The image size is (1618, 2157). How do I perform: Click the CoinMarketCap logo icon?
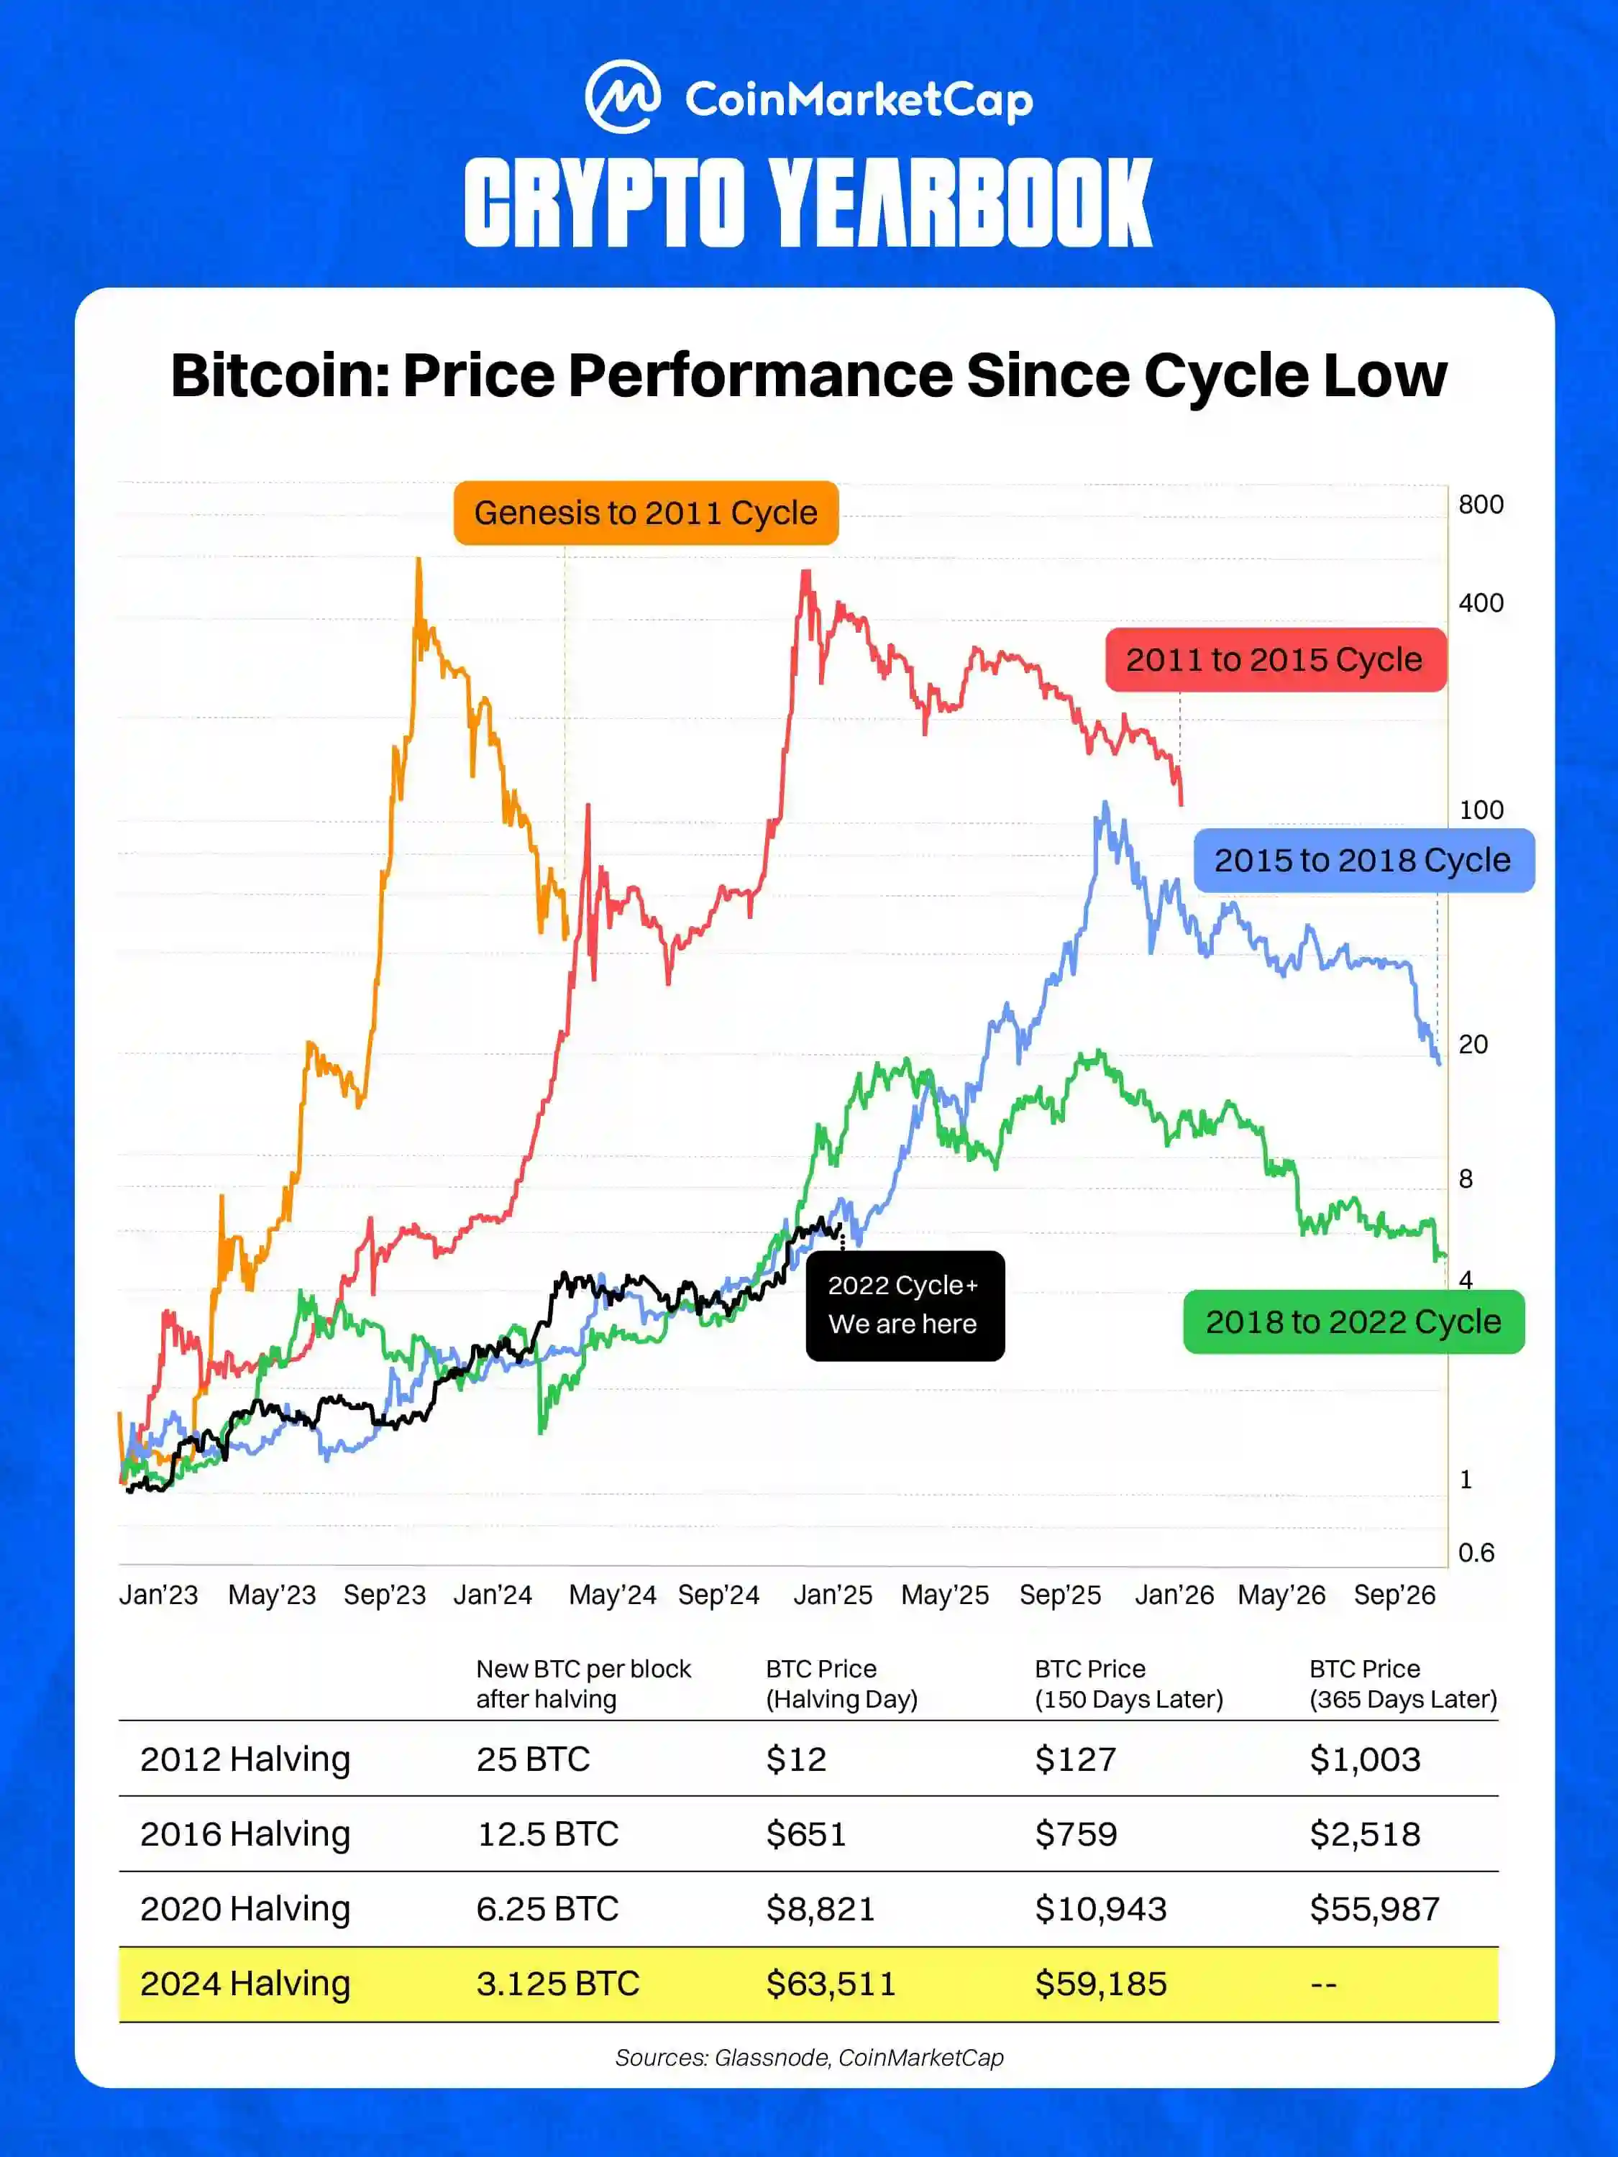[622, 96]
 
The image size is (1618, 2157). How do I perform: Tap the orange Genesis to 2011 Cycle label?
[646, 513]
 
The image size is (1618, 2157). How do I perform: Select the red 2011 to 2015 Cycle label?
[1275, 660]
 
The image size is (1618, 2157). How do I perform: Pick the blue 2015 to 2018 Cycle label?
[1363, 860]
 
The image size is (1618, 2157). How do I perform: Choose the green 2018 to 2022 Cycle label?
[1353, 1322]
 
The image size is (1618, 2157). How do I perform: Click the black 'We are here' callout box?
[904, 1305]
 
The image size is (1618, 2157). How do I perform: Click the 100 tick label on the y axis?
[1481, 810]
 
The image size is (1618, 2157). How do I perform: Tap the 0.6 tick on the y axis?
[1476, 1552]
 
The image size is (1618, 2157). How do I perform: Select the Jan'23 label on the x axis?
[158, 1595]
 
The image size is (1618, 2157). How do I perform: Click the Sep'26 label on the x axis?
[1394, 1595]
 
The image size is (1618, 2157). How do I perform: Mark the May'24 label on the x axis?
[613, 1595]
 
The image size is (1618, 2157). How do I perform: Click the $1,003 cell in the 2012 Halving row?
[1364, 1759]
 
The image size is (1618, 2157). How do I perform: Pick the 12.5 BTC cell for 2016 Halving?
[547, 1834]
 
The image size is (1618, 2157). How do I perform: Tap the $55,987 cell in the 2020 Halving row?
[1374, 1910]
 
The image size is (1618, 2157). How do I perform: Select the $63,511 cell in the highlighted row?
[830, 1984]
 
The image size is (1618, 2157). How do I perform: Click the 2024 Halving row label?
[244, 1984]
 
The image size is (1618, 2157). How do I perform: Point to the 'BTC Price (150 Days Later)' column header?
[1128, 1684]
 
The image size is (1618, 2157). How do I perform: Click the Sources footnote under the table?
[808, 2058]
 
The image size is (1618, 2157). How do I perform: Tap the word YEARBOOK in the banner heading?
[960, 203]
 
